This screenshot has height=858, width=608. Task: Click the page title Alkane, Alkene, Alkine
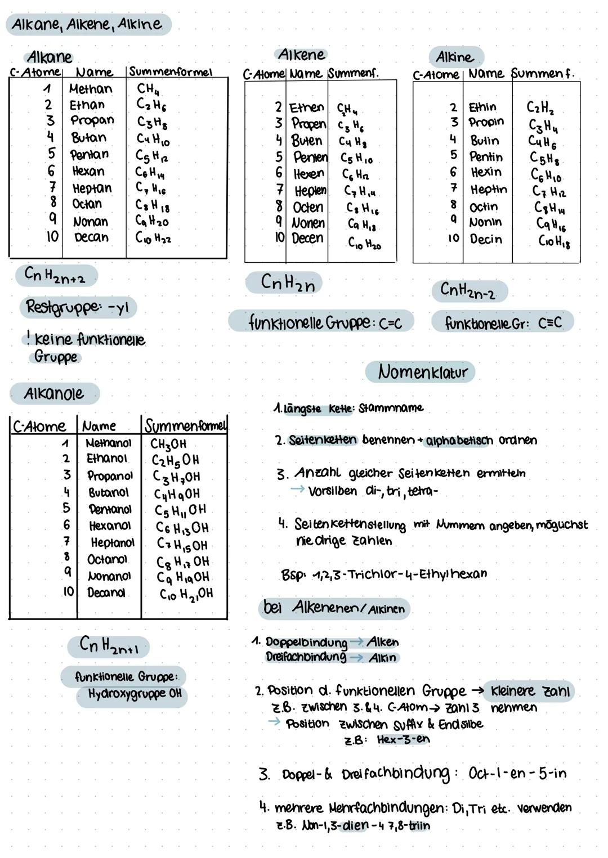pyautogui.click(x=87, y=24)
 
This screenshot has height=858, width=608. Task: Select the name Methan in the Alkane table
pyautogui.click(x=91, y=89)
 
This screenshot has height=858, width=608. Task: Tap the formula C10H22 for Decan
pyautogui.click(x=153, y=238)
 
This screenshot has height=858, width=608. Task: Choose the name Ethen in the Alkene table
pyautogui.click(x=307, y=107)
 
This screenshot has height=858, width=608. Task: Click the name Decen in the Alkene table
pyautogui.click(x=307, y=238)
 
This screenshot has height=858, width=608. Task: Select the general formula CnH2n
pyautogui.click(x=288, y=282)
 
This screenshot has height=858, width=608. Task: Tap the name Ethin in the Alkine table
pyautogui.click(x=482, y=107)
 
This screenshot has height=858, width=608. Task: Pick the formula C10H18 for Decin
pyautogui.click(x=554, y=242)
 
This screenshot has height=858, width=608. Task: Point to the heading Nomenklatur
pyautogui.click(x=422, y=372)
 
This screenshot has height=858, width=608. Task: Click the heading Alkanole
pyautogui.click(x=53, y=393)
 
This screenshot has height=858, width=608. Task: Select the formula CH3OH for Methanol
pyautogui.click(x=168, y=444)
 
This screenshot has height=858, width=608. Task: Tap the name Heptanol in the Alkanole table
pyautogui.click(x=113, y=543)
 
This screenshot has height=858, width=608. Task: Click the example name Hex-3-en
pyautogui.click(x=403, y=739)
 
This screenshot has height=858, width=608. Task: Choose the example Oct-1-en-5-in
pyautogui.click(x=517, y=774)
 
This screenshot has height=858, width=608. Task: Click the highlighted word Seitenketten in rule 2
pyautogui.click(x=323, y=440)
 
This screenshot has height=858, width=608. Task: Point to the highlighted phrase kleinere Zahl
pyautogui.click(x=530, y=691)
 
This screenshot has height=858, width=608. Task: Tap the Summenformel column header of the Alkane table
pyautogui.click(x=171, y=72)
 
